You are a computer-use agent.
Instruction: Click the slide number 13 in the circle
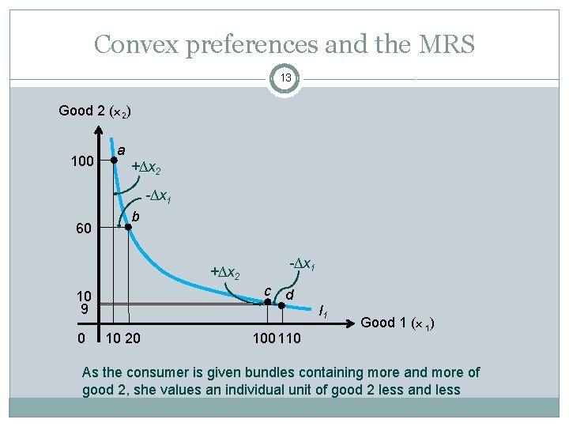(x=284, y=78)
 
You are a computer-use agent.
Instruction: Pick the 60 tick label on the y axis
(x=83, y=229)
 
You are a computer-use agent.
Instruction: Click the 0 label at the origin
(x=84, y=338)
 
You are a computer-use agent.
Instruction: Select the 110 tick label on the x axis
(x=290, y=338)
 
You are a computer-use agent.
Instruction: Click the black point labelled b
(x=130, y=228)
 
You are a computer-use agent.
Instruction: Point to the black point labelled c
(x=267, y=302)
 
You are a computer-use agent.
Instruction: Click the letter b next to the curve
(x=136, y=216)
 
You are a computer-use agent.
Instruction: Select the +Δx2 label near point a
(x=147, y=168)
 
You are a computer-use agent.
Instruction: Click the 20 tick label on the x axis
(x=134, y=338)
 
